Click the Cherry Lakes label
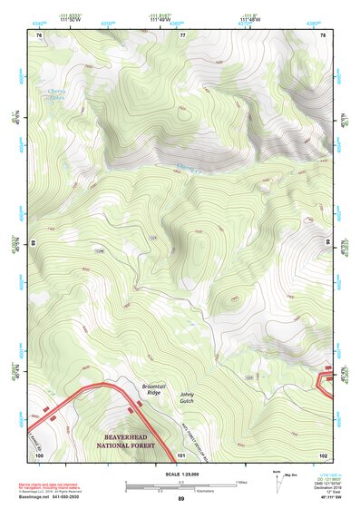(56, 93)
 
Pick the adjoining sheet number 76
(39, 34)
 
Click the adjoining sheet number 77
(183, 34)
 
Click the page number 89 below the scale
(181, 499)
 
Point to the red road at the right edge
(326, 375)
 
